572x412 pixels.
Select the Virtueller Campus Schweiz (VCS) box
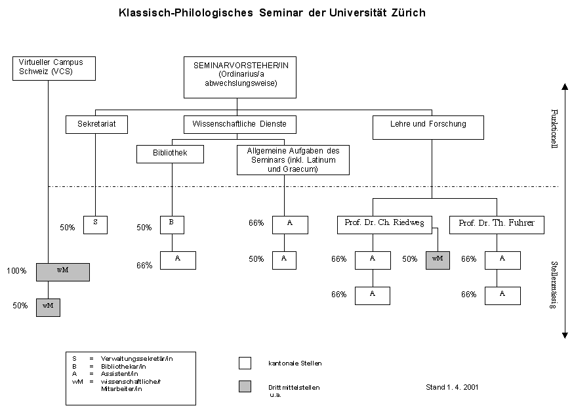pos(48,68)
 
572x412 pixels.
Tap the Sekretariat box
pos(96,123)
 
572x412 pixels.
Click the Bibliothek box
pos(170,154)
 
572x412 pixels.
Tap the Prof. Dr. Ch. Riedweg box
pos(384,224)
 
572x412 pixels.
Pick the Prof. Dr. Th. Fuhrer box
pos(497,224)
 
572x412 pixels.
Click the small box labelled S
pos(96,224)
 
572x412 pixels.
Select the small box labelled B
pos(172,224)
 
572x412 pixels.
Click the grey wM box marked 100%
pos(63,272)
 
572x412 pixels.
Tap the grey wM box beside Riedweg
pos(438,260)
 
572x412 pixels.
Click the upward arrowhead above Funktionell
pos(564,86)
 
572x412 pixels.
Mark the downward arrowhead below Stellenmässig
pos(564,335)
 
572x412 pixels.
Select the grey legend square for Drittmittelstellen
pos(245,386)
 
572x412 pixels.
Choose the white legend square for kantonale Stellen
pos(245,363)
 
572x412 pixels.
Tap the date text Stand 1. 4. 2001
pos(452,387)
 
